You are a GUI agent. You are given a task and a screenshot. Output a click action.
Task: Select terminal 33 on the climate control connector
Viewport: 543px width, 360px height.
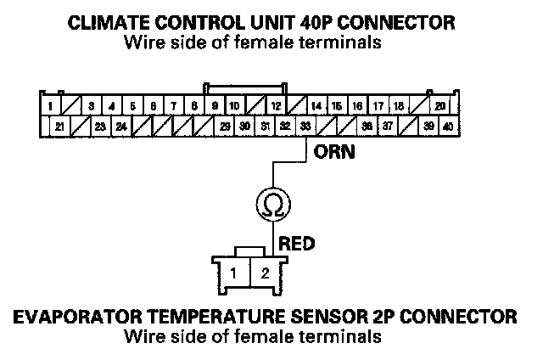pyautogui.click(x=305, y=127)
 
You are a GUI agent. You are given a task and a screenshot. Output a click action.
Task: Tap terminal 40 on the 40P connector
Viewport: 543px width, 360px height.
pyautogui.click(x=447, y=127)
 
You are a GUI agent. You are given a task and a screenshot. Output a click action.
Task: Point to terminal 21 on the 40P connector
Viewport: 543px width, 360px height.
pyautogui.click(x=60, y=127)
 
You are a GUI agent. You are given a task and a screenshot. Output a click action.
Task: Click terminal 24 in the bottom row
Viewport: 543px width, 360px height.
pyautogui.click(x=121, y=127)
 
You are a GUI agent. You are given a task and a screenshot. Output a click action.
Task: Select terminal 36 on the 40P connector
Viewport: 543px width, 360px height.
pyautogui.click(x=367, y=127)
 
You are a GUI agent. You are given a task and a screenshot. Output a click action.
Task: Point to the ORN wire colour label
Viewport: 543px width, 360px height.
pyautogui.click(x=329, y=155)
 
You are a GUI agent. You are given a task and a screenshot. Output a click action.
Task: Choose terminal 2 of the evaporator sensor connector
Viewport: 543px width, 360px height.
pyautogui.click(x=264, y=273)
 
